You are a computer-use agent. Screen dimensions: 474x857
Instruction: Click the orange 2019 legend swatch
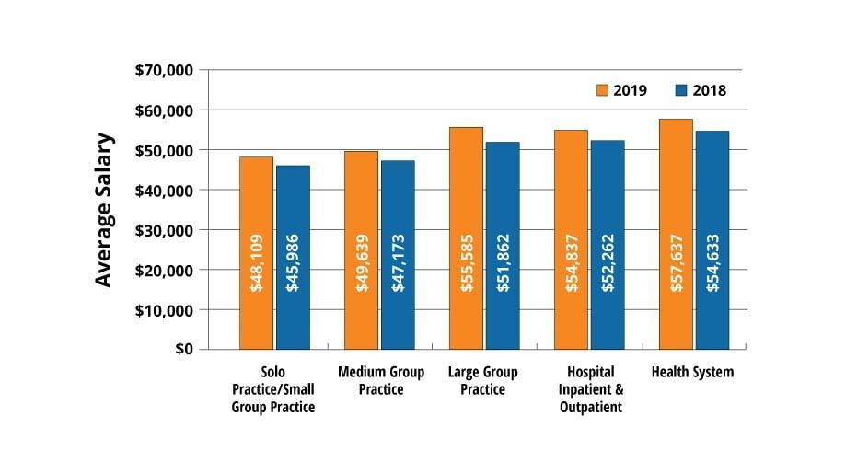(604, 90)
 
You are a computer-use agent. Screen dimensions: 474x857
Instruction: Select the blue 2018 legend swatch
(682, 90)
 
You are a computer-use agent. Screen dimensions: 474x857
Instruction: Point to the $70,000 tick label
(165, 70)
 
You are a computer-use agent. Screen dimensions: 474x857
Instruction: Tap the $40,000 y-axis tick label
(165, 190)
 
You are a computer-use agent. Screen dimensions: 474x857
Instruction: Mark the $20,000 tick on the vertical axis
(165, 270)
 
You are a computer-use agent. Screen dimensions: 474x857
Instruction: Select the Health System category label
(692, 372)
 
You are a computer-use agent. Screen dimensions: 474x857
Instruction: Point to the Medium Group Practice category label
(381, 381)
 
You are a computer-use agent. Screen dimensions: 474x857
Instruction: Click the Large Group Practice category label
(482, 381)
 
